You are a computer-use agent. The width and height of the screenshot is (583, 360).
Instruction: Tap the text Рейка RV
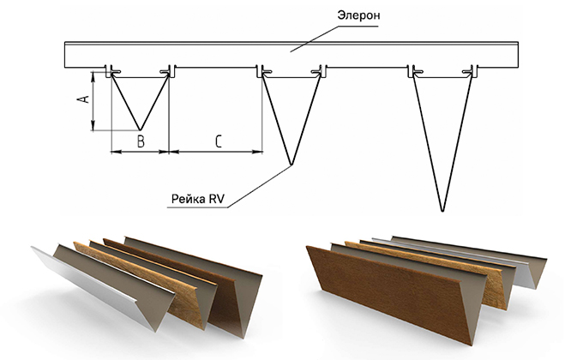coord(197,201)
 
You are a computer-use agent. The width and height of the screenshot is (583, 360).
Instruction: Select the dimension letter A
coord(83,99)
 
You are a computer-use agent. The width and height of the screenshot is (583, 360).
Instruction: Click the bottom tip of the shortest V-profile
coord(139,130)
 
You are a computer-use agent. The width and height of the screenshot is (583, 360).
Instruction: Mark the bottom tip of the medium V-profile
coord(291,165)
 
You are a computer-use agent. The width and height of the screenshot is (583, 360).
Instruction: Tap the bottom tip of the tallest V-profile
coord(441,210)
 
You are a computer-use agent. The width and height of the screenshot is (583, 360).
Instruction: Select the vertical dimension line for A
coord(92,101)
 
